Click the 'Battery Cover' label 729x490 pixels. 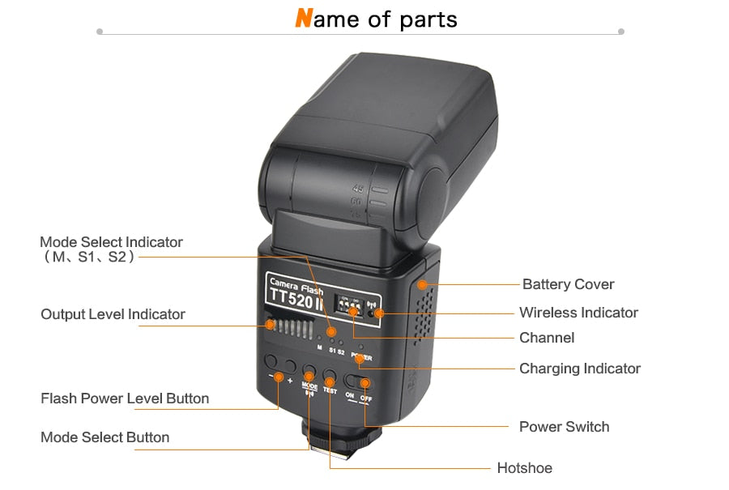568,284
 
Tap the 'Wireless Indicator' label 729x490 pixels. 578,313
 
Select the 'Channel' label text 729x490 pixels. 546,338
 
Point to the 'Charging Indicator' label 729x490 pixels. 579,369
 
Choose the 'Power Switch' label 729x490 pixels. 564,427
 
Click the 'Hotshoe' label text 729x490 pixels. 524,468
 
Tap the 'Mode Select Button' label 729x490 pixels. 104,437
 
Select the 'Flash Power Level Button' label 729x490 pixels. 125,398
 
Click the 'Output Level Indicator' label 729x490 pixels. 113,314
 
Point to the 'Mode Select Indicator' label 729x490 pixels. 111,242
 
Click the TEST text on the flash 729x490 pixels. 330,390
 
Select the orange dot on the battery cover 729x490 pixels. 422,284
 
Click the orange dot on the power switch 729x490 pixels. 364,382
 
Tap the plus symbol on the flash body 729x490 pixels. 289,379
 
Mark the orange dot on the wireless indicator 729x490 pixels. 378,313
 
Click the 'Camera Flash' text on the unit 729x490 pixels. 296,286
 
